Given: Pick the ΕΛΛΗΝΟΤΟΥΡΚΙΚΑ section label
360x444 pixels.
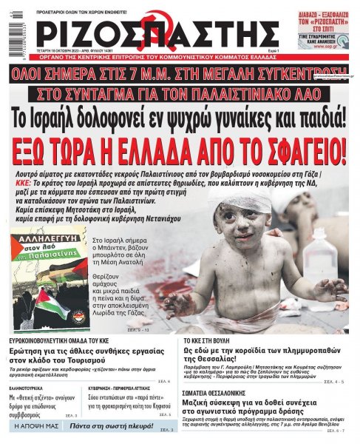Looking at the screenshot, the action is coord(33,386).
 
